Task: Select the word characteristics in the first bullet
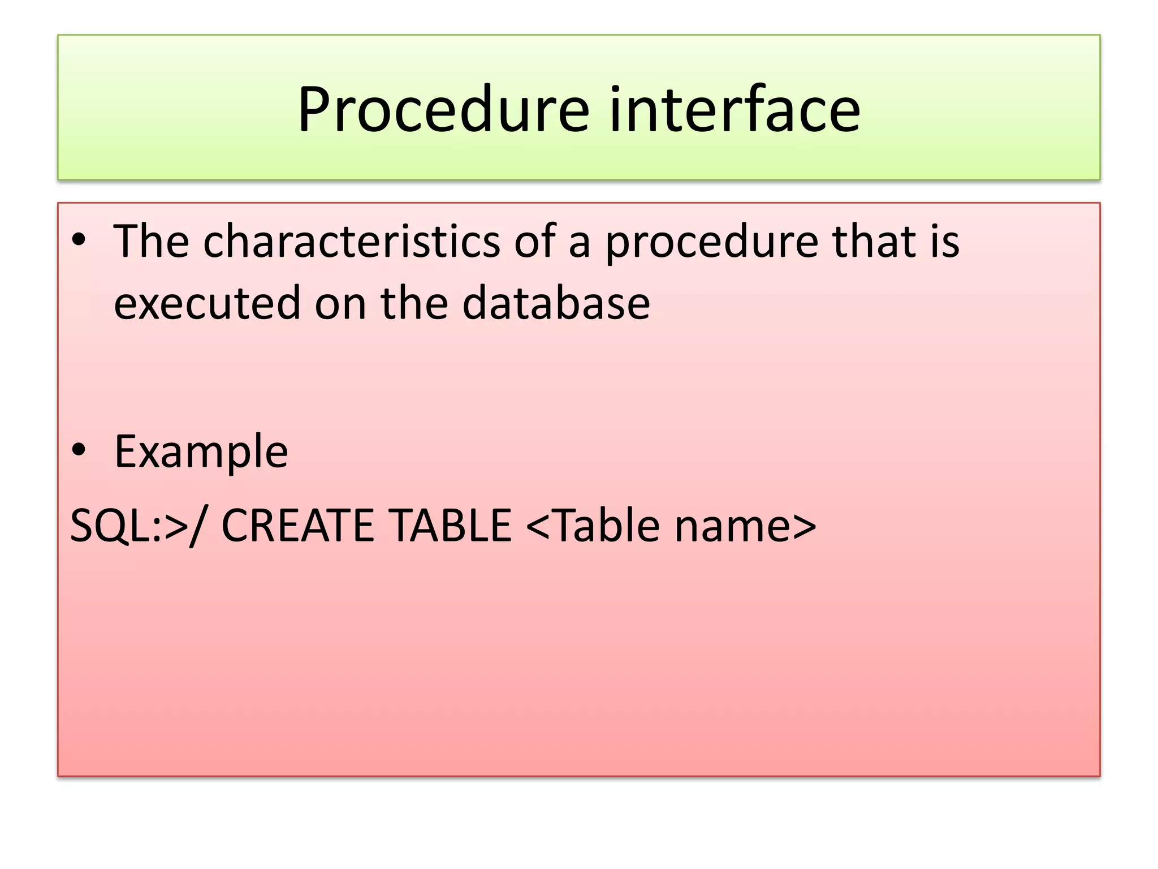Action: (352, 242)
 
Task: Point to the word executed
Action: (206, 303)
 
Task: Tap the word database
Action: (556, 303)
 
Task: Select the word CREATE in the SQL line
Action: (297, 526)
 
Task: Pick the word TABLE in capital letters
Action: (451, 526)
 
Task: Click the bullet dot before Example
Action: (79, 450)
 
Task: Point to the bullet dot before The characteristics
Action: (79, 240)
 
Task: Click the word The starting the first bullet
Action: (151, 242)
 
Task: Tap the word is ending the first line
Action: (945, 242)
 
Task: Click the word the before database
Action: (414, 303)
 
